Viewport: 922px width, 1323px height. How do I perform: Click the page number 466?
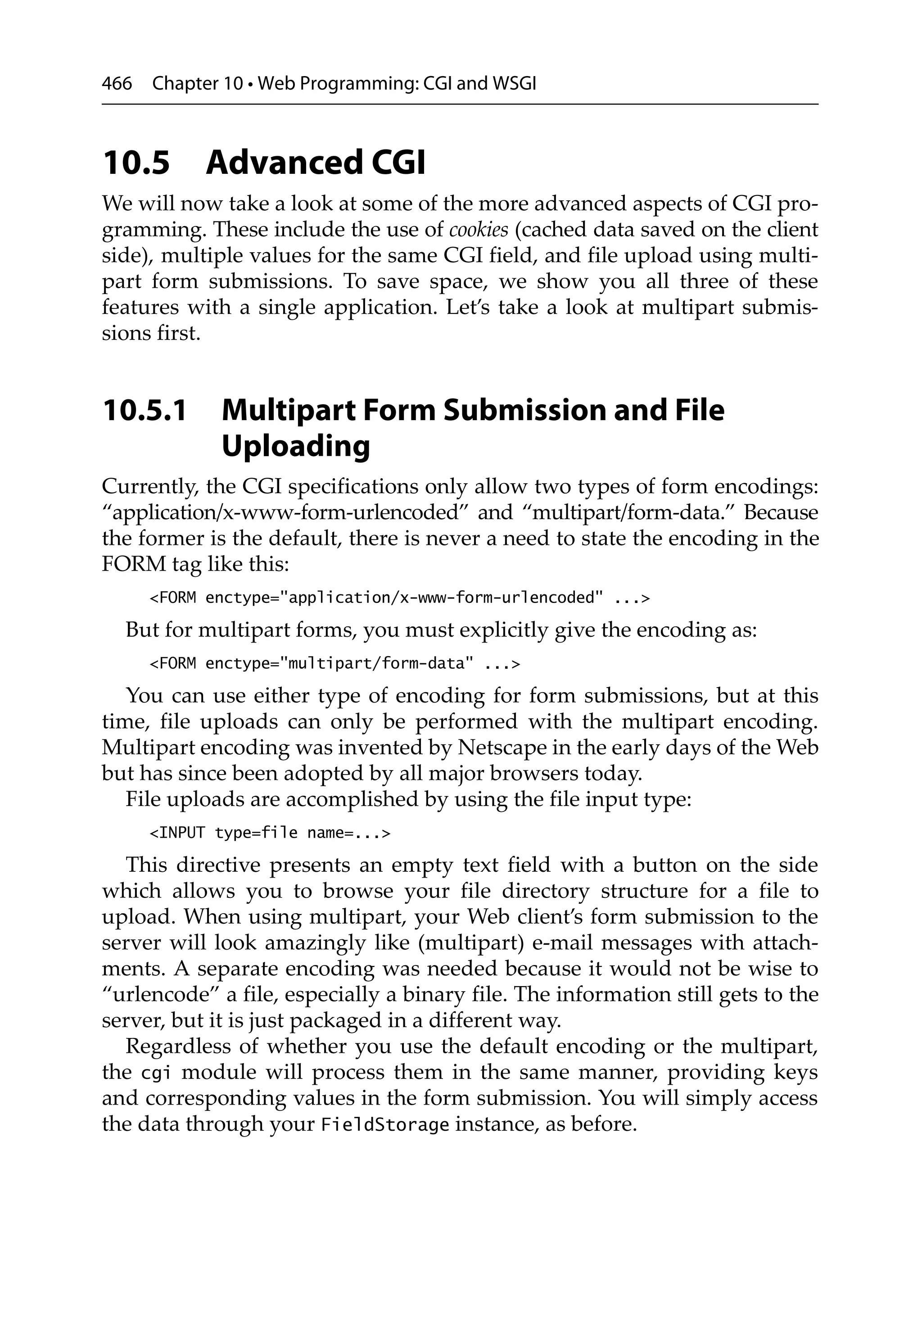coord(117,84)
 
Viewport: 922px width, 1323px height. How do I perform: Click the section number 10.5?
coord(136,163)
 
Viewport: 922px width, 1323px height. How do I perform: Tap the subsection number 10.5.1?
coord(145,410)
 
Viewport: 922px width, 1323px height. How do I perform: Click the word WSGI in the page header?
coord(515,84)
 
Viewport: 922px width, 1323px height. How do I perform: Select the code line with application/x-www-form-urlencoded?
coord(399,598)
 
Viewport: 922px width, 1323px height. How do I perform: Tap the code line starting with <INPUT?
coord(270,833)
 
